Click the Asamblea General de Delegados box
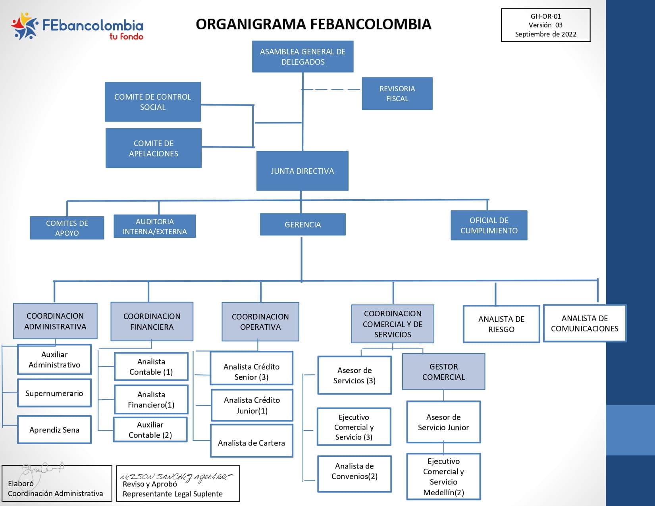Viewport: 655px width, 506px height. point(302,56)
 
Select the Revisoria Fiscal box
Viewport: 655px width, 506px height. point(397,93)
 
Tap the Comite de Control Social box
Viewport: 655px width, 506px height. point(152,102)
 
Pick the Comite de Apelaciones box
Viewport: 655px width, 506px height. point(153,148)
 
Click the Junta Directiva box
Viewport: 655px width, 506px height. point(302,171)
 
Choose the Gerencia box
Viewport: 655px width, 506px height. point(302,224)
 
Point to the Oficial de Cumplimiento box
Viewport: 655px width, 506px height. point(489,225)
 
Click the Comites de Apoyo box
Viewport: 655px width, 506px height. point(67,227)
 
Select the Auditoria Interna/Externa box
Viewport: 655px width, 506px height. point(155,226)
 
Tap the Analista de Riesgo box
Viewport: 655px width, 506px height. point(501,324)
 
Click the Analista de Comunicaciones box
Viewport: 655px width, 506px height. point(584,323)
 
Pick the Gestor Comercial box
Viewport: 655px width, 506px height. point(443,371)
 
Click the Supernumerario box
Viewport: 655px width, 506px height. point(54,393)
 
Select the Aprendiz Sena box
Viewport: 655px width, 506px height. point(54,429)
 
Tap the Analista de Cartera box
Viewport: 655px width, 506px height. point(251,441)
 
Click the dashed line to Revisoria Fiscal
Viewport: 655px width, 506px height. point(331,89)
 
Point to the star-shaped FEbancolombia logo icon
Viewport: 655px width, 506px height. point(25,26)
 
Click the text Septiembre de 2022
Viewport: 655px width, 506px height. point(545,34)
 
